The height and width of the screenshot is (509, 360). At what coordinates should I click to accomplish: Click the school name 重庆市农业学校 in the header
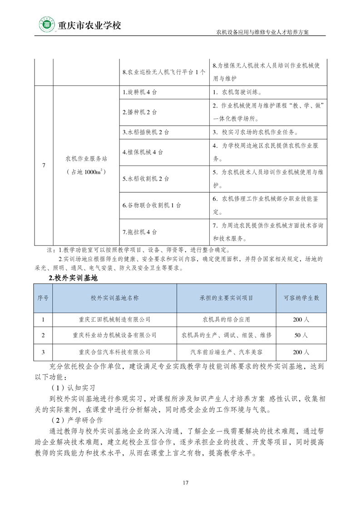coord(89,25)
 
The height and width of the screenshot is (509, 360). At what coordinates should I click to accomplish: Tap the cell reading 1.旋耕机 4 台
coord(140,92)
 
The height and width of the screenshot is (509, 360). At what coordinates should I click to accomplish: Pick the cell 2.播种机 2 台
coord(140,112)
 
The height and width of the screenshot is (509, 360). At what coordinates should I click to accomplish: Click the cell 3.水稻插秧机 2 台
coord(145,132)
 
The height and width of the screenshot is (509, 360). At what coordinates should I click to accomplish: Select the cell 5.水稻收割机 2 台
coord(145,179)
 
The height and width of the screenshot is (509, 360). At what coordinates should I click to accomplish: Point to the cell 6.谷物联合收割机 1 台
coord(152,205)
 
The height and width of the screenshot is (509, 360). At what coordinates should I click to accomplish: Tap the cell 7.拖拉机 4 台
coord(140,231)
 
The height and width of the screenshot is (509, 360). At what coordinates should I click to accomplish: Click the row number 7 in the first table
coord(44,165)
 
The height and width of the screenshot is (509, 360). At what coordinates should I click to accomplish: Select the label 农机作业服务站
coord(86,159)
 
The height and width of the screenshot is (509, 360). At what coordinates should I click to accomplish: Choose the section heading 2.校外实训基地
coord(73,278)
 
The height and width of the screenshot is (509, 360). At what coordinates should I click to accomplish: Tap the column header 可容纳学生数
coord(301,298)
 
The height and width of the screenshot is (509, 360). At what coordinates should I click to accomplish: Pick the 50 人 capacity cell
coord(301,335)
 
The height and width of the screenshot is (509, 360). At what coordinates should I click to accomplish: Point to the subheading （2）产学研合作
coord(76,420)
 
